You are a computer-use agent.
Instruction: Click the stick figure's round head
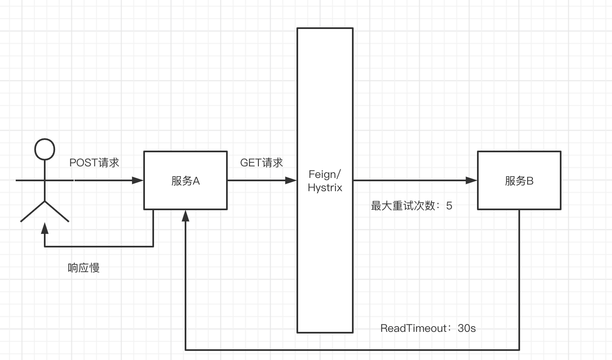[x=45, y=149]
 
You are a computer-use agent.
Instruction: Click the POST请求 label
[x=94, y=163]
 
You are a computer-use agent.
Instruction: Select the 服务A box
[x=186, y=180]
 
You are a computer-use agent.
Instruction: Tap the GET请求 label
[x=261, y=163]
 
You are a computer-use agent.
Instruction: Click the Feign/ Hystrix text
[x=325, y=181]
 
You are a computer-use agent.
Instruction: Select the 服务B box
[x=519, y=180]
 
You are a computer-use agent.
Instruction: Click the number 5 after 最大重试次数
[x=449, y=206]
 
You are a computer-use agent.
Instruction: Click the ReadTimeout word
[x=413, y=328]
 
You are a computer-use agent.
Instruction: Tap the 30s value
[x=467, y=328]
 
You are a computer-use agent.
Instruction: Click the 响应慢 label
[x=84, y=268]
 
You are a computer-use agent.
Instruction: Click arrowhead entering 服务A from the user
[x=138, y=180]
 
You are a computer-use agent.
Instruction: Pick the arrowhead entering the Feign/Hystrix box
[x=291, y=180]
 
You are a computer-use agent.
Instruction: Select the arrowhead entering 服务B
[x=472, y=180]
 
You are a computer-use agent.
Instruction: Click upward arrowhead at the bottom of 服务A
[x=186, y=215]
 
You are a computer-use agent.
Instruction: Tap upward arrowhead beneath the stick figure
[x=45, y=228]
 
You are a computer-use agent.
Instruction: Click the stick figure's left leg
[x=33, y=211]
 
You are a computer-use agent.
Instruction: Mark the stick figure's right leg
[x=57, y=211]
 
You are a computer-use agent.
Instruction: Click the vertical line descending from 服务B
[x=519, y=281]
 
